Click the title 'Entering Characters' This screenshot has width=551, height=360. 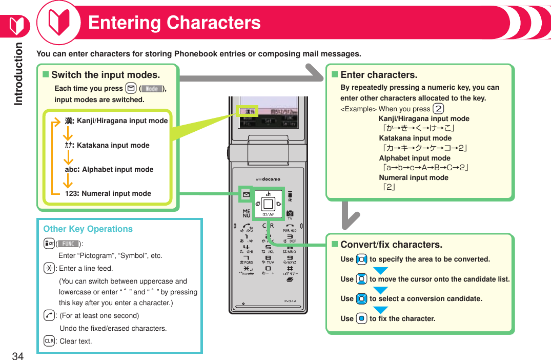[x=174, y=23]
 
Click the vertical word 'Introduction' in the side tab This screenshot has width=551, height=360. [x=19, y=74]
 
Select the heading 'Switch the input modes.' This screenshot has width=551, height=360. [x=105, y=75]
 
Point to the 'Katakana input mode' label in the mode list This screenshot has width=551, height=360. [x=113, y=145]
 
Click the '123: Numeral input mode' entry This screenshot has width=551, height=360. [x=108, y=193]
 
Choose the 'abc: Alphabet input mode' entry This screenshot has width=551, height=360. [x=109, y=169]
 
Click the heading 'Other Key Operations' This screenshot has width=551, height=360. [x=88, y=229]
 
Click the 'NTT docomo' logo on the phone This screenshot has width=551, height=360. [x=268, y=179]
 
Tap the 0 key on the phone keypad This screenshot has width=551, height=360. [x=268, y=269]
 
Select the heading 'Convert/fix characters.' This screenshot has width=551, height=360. [x=391, y=245]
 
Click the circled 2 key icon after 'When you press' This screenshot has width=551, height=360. [x=438, y=108]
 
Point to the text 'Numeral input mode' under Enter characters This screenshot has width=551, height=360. [x=413, y=177]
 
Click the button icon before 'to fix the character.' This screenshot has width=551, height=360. [x=361, y=318]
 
